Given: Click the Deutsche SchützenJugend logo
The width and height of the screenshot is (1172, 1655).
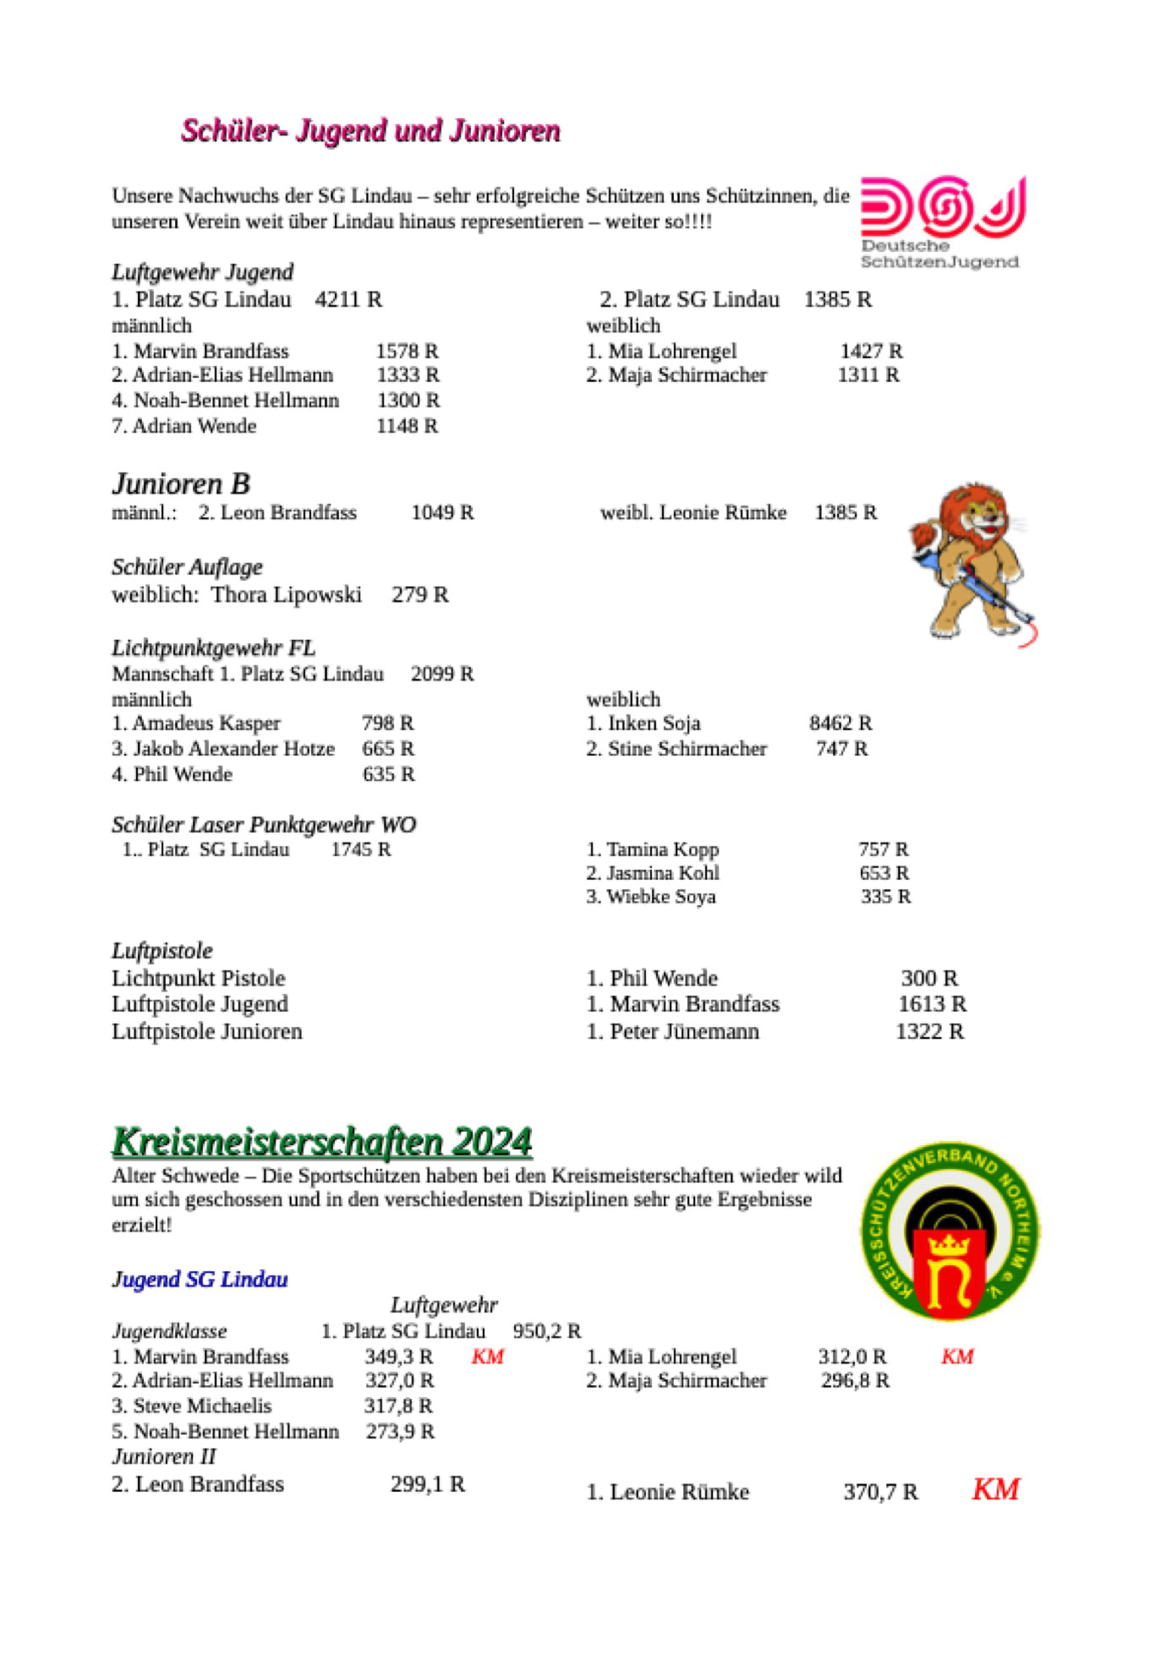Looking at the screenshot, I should pos(942,221).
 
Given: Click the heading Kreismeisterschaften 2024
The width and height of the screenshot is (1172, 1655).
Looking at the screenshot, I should pos(322,1141).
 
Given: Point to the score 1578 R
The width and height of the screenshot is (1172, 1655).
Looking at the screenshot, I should pos(407,351).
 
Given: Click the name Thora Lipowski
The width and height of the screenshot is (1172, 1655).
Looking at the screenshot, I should pos(286,595).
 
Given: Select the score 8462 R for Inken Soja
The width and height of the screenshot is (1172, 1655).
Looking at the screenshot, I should pos(840,723).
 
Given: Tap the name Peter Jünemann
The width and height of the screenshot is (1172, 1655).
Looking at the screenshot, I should pos(684,1031).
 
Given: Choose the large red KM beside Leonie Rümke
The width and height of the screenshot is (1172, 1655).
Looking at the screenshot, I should pos(995,1489).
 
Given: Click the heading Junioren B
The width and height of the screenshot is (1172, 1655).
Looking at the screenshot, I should pos(181,483).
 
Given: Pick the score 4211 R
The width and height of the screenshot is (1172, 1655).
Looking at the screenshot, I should pos(348,299).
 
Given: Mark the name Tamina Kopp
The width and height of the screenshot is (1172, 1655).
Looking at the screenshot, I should pos(662,849).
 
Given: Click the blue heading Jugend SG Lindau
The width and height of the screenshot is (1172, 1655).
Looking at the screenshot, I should pos(200,1279).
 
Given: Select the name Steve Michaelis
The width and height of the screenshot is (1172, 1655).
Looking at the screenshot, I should pos(202,1406).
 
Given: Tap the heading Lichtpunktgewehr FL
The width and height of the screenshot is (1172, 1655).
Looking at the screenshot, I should pos(213,647).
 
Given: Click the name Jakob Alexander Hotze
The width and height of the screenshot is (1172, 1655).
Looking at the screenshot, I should pos(233,748).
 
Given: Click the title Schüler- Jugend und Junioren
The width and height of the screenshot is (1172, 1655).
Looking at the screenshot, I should pos(370,131).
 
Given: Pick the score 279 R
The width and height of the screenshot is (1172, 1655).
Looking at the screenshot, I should pos(419,595).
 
